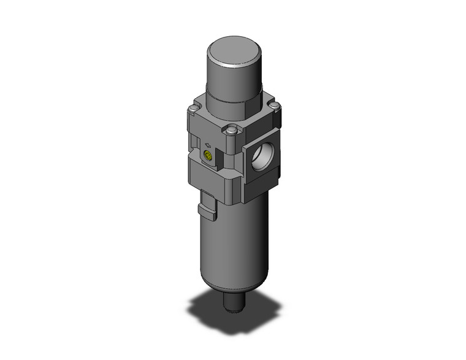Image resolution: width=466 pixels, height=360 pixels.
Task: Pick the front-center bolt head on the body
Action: (x=232, y=130)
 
